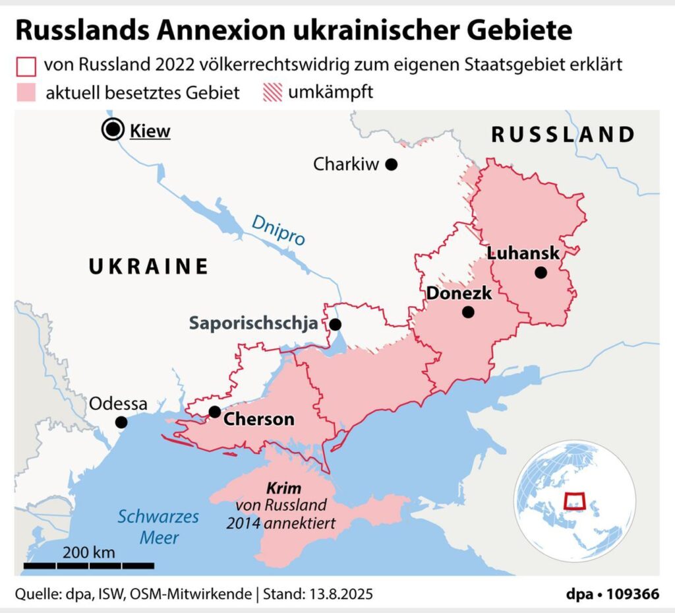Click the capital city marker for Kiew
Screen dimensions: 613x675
pos(113,130)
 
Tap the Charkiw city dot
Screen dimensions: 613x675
pos(392,164)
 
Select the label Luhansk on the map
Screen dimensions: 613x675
pos(524,253)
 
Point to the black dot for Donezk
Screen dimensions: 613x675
pos(468,312)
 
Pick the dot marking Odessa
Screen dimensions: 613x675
pos(121,422)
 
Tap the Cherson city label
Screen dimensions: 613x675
pos(259,420)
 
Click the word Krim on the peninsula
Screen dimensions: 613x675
pos(283,490)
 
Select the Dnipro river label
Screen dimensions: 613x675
pos(279,231)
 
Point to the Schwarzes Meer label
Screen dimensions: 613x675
pos(158,527)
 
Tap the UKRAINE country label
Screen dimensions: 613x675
pos(148,267)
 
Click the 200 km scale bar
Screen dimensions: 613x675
pos(89,565)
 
